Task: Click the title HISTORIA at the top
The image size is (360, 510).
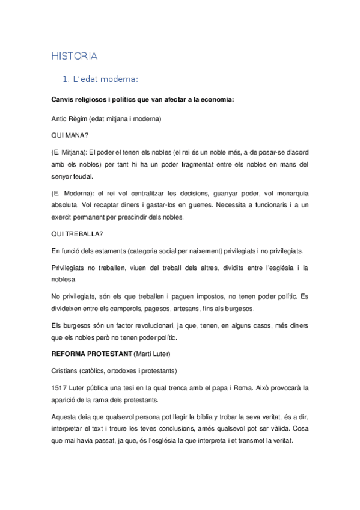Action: click(74, 56)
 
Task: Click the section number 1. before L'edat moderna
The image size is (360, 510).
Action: click(67, 79)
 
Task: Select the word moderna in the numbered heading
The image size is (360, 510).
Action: click(121, 79)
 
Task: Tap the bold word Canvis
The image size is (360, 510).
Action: click(65, 99)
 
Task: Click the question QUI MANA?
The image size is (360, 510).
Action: click(70, 135)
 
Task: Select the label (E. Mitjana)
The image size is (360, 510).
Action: click(72, 152)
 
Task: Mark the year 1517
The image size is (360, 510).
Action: click(59, 387)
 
